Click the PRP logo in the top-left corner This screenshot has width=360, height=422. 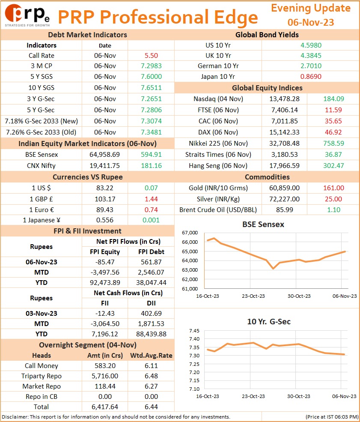(27, 15)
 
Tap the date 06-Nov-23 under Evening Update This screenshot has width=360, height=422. (310, 22)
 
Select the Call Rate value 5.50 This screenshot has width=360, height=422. (151, 55)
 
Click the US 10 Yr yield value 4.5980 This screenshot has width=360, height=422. (311, 45)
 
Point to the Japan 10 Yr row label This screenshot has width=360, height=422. (218, 76)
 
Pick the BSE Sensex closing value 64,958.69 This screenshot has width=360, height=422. (104, 155)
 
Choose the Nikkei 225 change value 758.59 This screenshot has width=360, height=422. (333, 143)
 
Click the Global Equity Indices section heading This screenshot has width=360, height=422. (267, 88)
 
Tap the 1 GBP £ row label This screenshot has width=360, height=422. (41, 199)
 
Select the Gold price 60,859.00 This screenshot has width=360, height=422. (284, 188)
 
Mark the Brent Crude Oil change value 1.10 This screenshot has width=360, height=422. (333, 210)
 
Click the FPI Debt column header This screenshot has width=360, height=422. (151, 251)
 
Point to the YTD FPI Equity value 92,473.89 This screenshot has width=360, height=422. (105, 283)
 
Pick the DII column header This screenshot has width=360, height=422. (151, 303)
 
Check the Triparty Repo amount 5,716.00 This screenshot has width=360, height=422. (105, 376)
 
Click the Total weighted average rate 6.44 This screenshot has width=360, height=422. (151, 407)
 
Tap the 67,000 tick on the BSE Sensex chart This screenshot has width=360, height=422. (190, 233)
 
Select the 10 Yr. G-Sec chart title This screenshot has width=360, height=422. (269, 322)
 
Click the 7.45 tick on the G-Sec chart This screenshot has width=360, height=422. (194, 331)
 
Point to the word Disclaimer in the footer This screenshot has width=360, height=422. (15, 417)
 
